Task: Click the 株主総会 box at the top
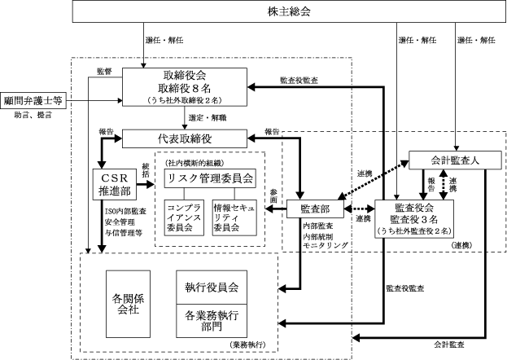tap(289, 11)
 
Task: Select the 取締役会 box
tap(185, 87)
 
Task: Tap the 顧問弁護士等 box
tap(33, 101)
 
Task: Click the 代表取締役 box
tap(185, 139)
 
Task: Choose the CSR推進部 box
tap(115, 184)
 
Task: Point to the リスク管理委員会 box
tap(210, 178)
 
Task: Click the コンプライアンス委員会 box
tap(184, 217)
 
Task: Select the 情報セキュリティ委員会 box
tap(234, 217)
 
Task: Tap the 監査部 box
tap(315, 209)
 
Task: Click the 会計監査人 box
tap(455, 160)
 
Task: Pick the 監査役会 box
tap(414, 219)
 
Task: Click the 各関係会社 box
tap(128, 304)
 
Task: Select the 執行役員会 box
tap(212, 288)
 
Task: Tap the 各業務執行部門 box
tap(212, 321)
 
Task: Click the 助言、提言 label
tap(33, 115)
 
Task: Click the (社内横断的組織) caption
tap(194, 163)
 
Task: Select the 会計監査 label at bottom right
tap(448, 345)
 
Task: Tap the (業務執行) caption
tap(248, 345)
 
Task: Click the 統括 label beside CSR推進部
tap(146, 170)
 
